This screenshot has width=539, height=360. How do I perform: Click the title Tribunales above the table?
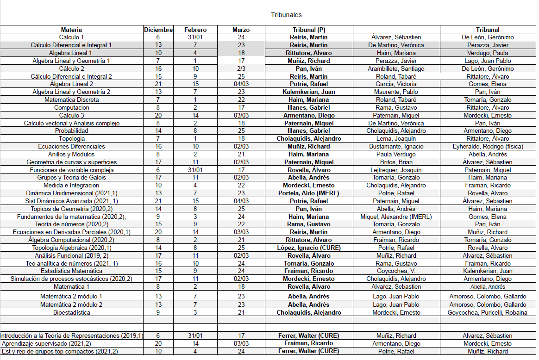coord(286,15)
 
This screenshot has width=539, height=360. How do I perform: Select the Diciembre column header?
coord(158,30)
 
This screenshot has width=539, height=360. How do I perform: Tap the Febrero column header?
coord(195,30)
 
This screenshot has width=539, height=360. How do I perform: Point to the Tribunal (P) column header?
coord(309,30)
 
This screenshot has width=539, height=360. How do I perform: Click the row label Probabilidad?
coord(71,131)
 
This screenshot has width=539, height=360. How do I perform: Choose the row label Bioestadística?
coord(71,313)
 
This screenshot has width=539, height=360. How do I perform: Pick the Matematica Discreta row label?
coord(71,100)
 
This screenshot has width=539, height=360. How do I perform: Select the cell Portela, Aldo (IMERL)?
coord(309,193)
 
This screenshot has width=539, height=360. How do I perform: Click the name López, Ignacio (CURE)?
coord(309,248)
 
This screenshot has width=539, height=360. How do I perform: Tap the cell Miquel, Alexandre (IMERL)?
coord(396,217)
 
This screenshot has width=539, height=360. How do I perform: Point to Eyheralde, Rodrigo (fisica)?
coord(488,147)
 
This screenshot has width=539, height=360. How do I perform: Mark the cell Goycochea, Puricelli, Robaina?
coord(488,313)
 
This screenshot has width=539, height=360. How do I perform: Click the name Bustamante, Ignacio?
coord(396,147)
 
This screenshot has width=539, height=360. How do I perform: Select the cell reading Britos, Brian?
coord(396,162)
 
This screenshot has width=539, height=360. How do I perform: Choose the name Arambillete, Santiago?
coord(396,69)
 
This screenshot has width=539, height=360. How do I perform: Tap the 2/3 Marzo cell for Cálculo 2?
coord(241,69)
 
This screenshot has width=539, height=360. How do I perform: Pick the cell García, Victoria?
coord(396,84)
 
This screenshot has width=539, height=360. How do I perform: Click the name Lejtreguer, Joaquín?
coord(396,170)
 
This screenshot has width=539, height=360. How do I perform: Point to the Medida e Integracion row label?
coord(71,186)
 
